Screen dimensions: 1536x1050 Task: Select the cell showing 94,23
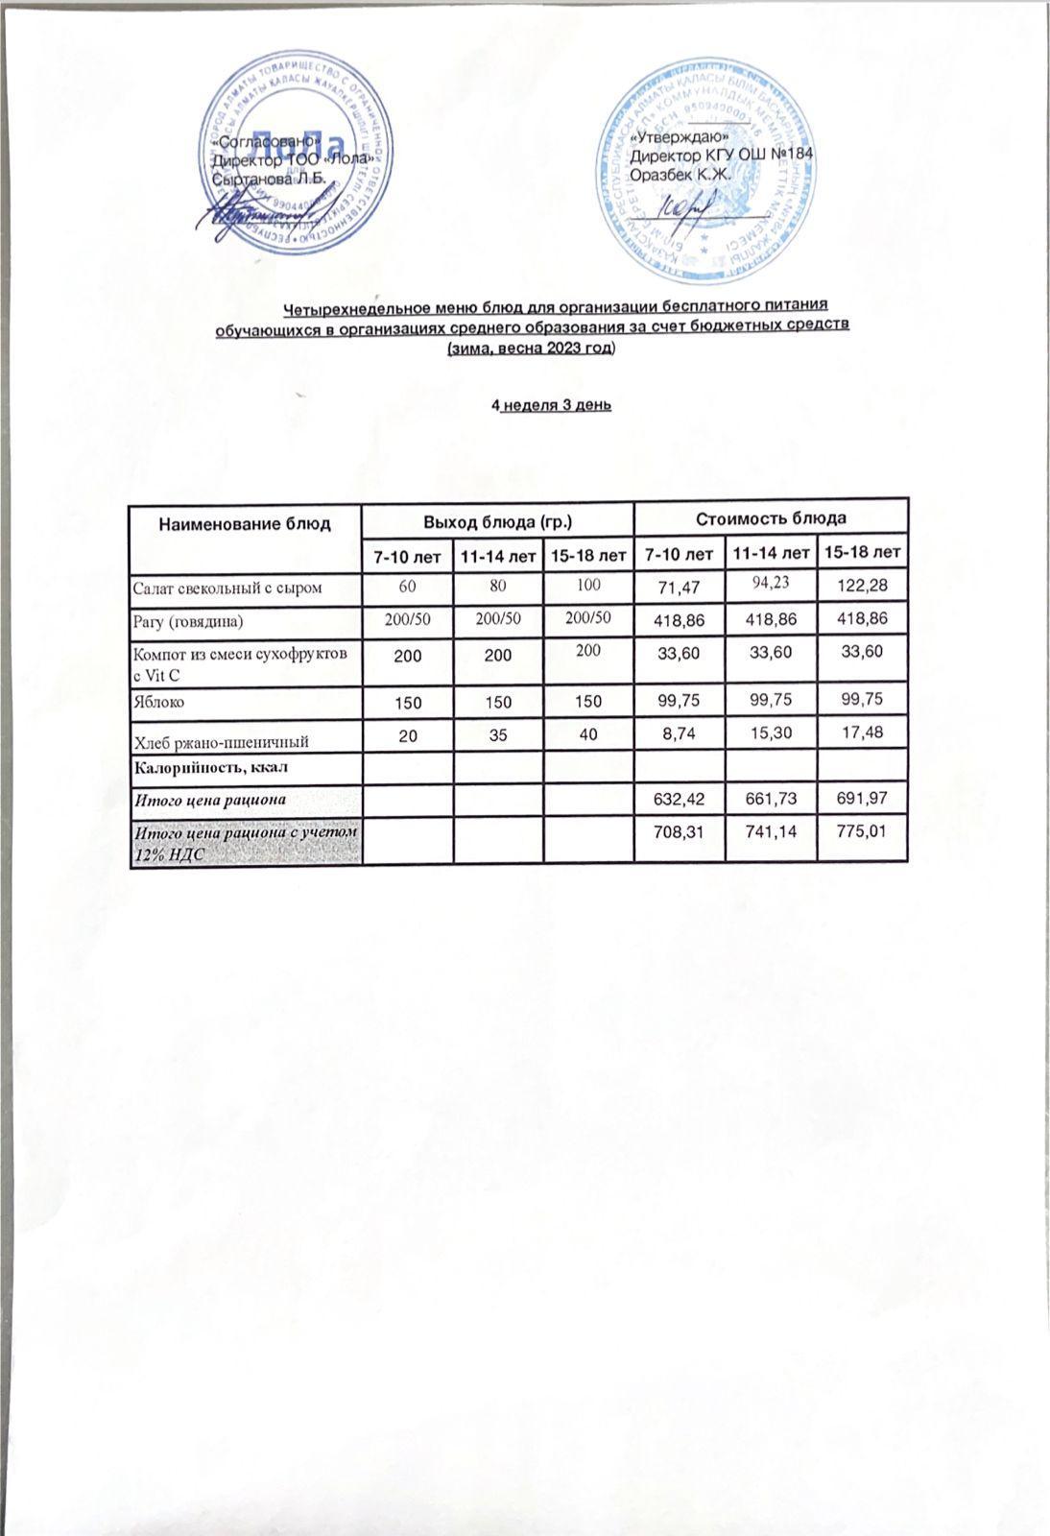pyautogui.click(x=769, y=584)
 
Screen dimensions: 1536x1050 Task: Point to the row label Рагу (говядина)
pyautogui.click(x=188, y=621)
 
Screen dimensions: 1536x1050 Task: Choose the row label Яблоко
pyautogui.click(x=157, y=702)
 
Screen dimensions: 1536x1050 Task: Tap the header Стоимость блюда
pyautogui.click(x=770, y=518)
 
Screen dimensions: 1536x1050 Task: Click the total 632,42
pyautogui.click(x=679, y=796)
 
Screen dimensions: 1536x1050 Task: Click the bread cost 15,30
pyautogui.click(x=770, y=733)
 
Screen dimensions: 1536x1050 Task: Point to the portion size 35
pyautogui.click(x=498, y=737)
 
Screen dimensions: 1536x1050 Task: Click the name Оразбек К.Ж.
pyautogui.click(x=680, y=174)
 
